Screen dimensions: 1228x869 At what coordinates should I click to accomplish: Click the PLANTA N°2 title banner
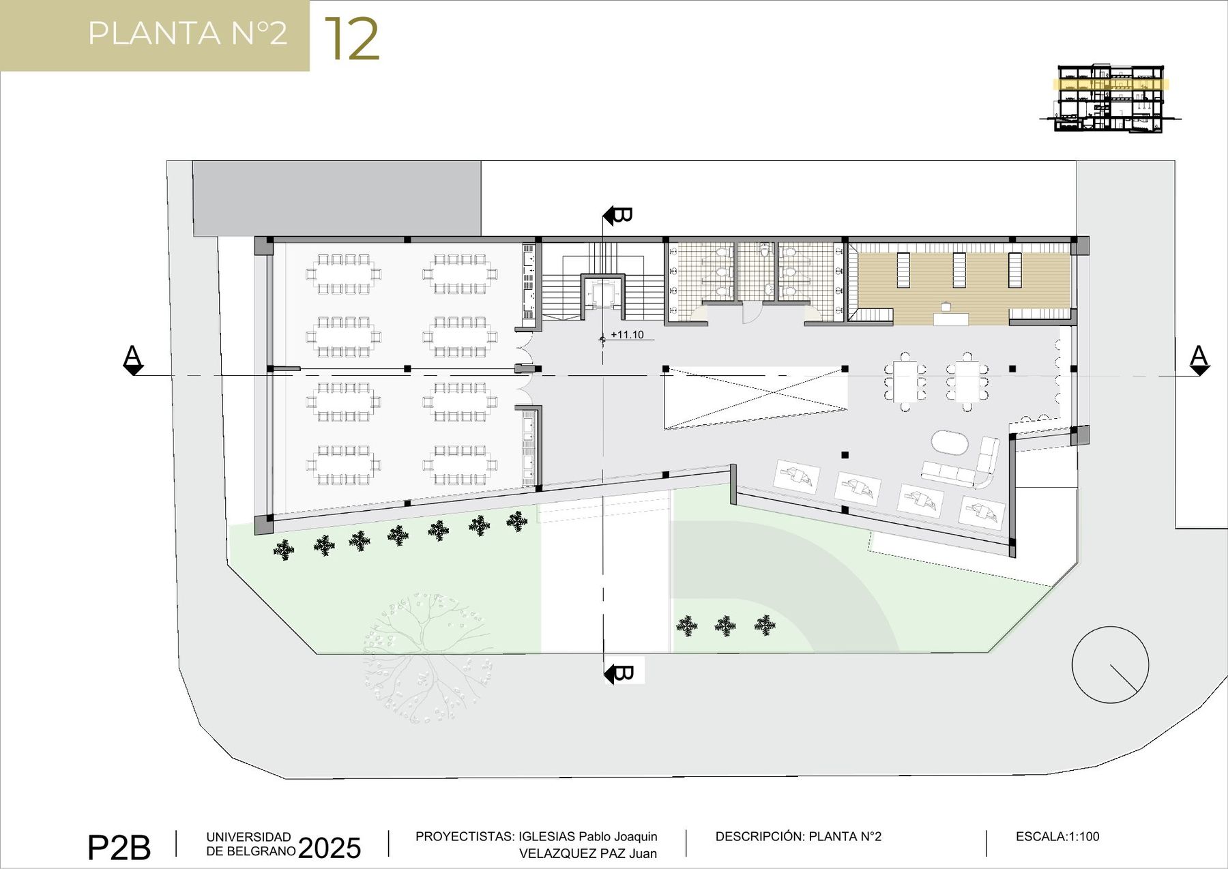click(155, 35)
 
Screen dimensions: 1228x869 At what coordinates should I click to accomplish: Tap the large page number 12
click(352, 39)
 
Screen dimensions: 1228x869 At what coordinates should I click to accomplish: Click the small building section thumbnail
click(1110, 98)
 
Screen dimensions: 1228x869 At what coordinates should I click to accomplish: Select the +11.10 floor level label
click(627, 335)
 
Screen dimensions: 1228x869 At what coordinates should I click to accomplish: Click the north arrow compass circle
click(1110, 664)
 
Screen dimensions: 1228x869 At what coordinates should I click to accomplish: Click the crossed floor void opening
click(756, 398)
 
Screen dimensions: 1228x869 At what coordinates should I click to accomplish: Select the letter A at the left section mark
click(132, 355)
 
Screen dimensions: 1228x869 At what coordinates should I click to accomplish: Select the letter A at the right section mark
click(1199, 355)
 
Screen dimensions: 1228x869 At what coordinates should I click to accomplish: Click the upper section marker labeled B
click(618, 216)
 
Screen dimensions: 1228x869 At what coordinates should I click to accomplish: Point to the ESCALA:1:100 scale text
click(1057, 836)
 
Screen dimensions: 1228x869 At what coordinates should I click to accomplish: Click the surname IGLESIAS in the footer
click(546, 837)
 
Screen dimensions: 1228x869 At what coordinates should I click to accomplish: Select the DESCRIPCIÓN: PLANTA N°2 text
click(798, 836)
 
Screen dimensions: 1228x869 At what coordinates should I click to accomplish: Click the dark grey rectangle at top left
click(337, 199)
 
